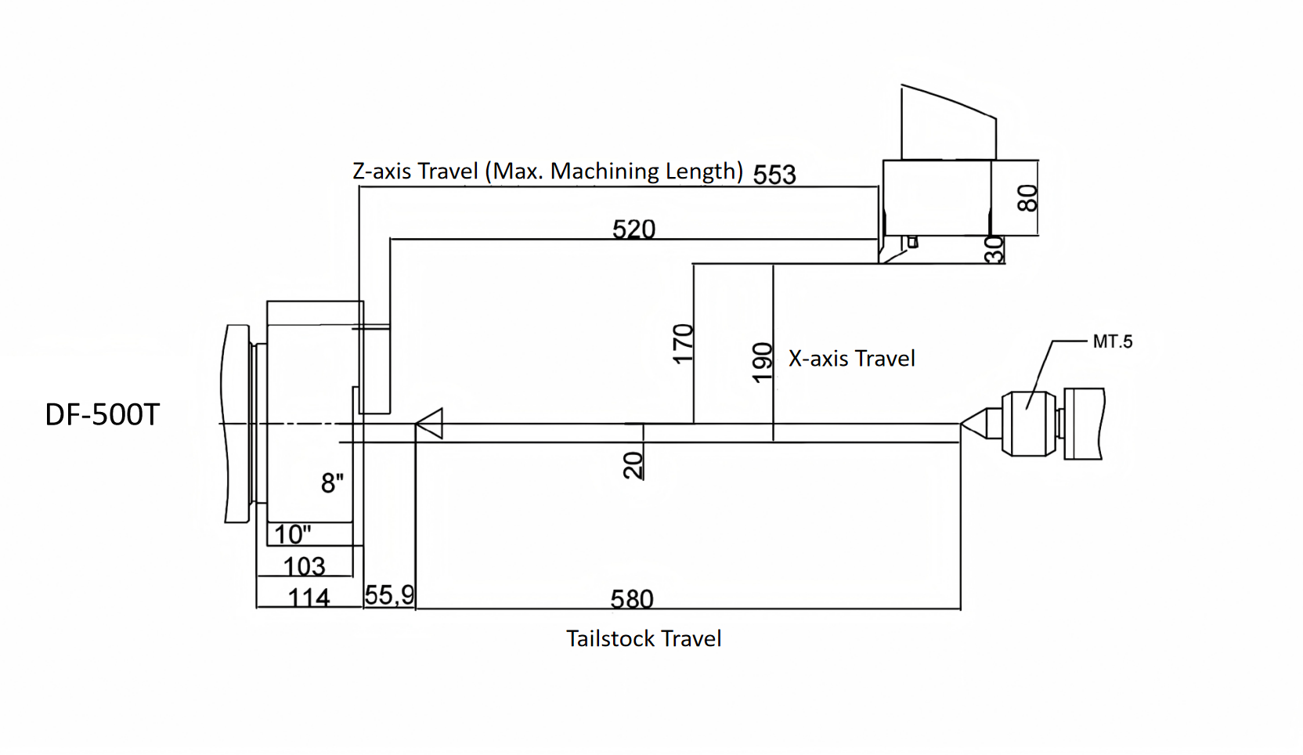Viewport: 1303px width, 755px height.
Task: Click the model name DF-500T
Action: tap(103, 415)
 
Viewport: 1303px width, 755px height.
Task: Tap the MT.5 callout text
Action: tap(1112, 341)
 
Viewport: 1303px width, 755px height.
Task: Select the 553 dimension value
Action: tap(774, 174)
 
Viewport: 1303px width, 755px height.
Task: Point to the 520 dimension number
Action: tap(633, 229)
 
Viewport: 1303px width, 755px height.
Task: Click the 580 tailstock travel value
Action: tap(632, 599)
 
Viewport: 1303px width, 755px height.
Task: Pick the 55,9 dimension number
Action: tap(389, 595)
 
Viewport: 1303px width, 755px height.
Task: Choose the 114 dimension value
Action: tap(309, 598)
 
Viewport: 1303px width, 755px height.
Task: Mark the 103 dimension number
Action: tap(304, 565)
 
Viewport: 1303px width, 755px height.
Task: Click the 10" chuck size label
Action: tap(292, 534)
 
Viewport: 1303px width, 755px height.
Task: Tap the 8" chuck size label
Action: tap(332, 483)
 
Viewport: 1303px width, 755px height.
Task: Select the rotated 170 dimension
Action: tap(683, 343)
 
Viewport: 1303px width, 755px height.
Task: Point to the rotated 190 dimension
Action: tap(762, 362)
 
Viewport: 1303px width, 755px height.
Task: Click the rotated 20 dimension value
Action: tap(633, 464)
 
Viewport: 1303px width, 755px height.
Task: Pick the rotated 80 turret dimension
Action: tap(1027, 197)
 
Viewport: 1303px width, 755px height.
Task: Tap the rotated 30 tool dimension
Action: tap(994, 249)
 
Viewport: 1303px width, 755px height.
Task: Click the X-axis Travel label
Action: tap(851, 359)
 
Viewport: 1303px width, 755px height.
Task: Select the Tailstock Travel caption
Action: tap(644, 639)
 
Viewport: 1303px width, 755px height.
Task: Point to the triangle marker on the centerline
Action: tap(430, 424)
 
